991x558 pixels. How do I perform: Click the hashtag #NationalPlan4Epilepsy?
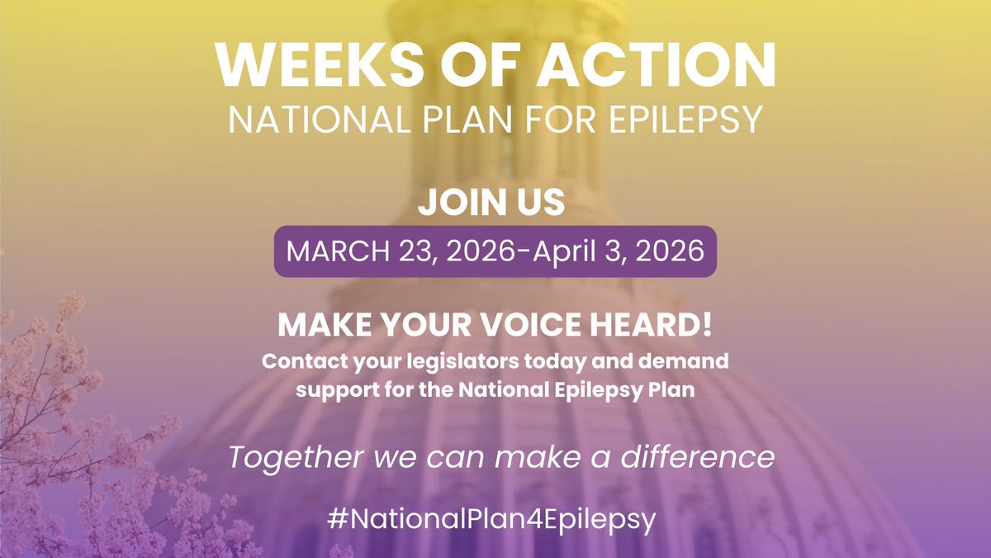(495, 520)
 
